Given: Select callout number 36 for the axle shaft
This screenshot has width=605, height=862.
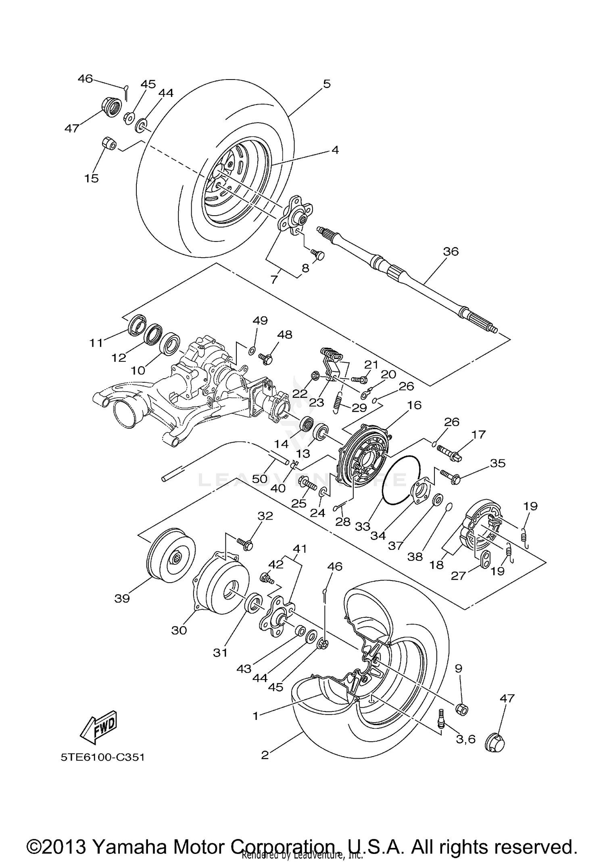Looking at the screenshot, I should pos(451,251).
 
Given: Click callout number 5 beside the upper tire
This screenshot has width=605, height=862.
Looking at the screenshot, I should pos(327,84).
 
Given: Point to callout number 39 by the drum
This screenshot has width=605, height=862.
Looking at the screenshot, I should pos(122,598).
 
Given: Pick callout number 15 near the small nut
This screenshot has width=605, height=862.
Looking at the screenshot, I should pos(92,178).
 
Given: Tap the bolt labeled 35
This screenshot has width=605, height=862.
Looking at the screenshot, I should pos(450,476).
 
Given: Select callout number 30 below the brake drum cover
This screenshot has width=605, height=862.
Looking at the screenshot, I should pos(179,630).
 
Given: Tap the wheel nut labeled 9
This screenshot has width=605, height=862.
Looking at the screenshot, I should pos(462,709).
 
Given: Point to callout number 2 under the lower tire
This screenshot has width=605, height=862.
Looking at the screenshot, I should pos(265,755).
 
